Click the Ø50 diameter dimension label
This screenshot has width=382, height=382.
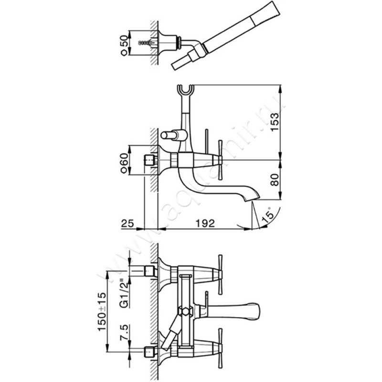pos(124,45)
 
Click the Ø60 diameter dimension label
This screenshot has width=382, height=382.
pos(124,163)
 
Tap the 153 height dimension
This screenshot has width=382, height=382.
pos(275,122)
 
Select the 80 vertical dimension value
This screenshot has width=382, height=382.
pos(275,180)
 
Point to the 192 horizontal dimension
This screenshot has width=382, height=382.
pos(206,223)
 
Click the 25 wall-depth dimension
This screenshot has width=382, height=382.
pos(127,223)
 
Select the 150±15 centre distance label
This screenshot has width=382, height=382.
pos(102,311)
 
